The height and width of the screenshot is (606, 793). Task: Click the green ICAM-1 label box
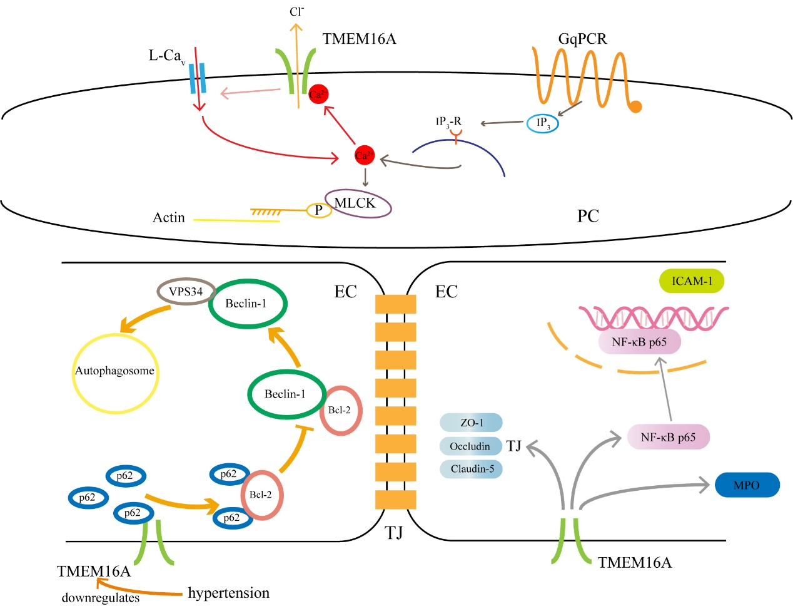click(x=692, y=281)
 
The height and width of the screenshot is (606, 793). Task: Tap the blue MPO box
click(x=747, y=485)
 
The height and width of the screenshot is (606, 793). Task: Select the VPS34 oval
click(x=186, y=292)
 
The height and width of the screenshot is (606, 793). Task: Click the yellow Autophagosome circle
click(x=114, y=371)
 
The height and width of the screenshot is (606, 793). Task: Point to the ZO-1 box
click(x=472, y=423)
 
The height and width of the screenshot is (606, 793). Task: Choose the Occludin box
click(x=470, y=446)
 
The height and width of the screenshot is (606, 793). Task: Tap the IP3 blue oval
click(x=542, y=123)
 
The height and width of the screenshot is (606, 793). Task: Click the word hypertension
click(x=229, y=593)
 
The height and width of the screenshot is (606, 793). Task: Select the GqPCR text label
click(x=582, y=39)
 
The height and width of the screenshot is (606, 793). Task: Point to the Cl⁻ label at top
click(x=296, y=12)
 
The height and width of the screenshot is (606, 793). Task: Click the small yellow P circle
click(x=318, y=210)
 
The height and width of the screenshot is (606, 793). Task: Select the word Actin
click(x=169, y=218)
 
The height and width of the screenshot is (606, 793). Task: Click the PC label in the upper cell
click(x=588, y=216)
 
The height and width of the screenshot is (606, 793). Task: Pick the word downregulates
click(x=101, y=598)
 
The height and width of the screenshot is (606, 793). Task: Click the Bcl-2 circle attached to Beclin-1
click(x=341, y=411)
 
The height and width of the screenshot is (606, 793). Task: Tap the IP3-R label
click(x=448, y=121)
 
